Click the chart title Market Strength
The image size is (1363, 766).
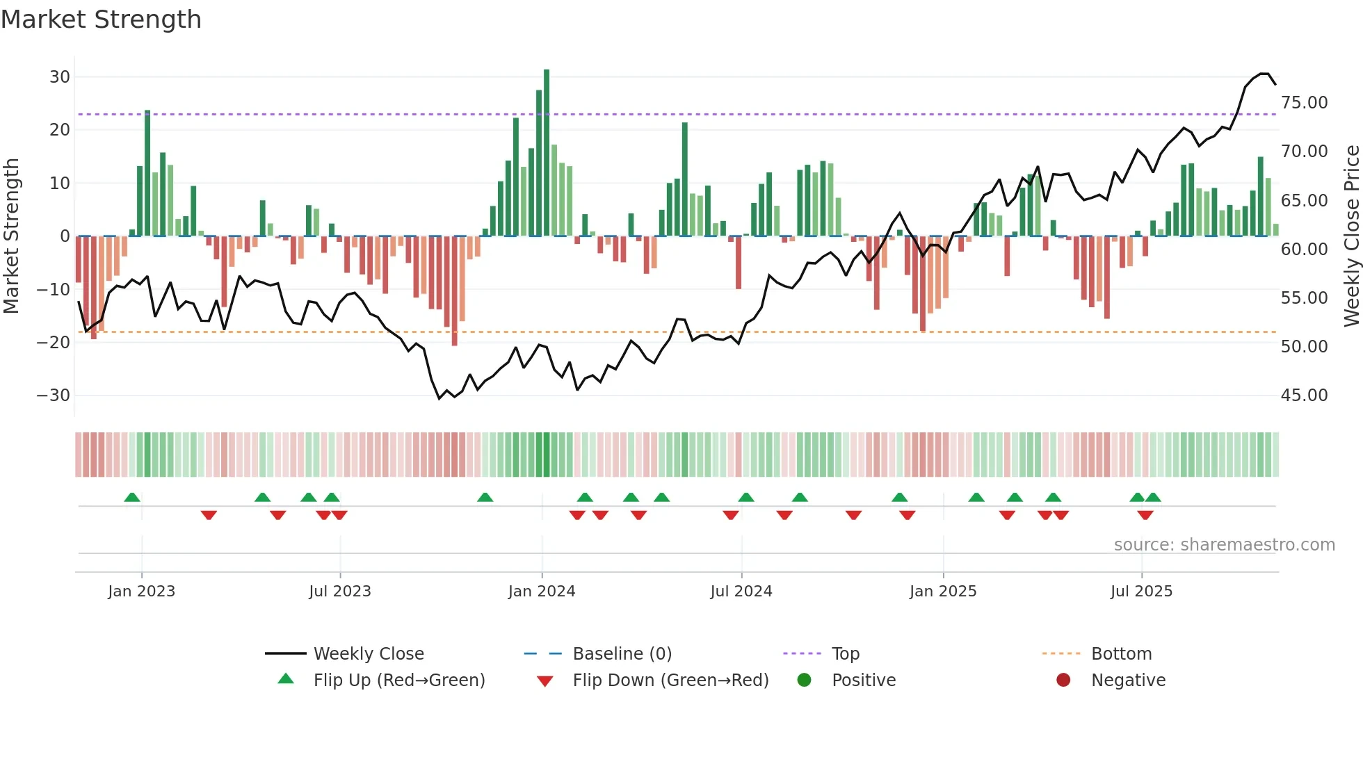point(101,19)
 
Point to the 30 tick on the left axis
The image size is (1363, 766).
point(60,77)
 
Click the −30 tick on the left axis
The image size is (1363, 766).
point(54,396)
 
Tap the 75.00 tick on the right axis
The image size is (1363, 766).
point(1304,103)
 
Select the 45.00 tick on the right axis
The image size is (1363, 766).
point(1304,396)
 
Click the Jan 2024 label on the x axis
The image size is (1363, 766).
point(541,592)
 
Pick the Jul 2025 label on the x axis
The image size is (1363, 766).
point(1140,592)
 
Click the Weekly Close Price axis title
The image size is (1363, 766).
point(1351,236)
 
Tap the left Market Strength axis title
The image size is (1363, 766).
point(11,236)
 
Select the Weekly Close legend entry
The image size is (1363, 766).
point(368,654)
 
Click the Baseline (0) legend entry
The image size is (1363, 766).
point(622,654)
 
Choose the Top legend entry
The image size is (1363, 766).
point(845,654)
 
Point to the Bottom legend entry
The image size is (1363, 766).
point(1121,654)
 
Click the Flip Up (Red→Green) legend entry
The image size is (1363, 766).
point(398,681)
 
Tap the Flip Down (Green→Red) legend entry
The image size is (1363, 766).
point(670,681)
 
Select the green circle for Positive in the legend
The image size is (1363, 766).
point(804,681)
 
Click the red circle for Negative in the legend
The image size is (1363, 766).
point(1063,681)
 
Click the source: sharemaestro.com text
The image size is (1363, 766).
point(1224,545)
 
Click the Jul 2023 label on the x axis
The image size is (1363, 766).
point(339,592)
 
